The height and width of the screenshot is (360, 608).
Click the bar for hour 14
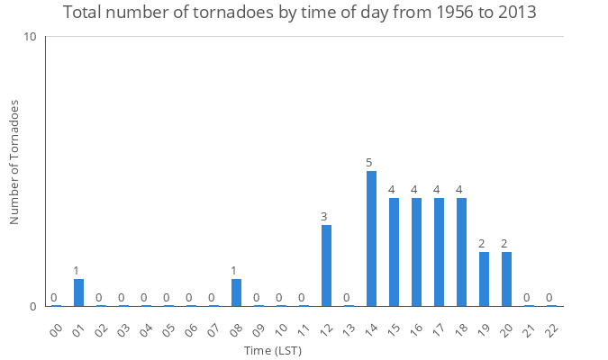371,238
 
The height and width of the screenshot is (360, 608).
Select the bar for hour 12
326,265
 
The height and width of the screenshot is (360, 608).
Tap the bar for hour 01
78,292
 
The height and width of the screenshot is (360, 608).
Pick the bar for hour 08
236,292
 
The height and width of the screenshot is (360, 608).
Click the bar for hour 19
484,279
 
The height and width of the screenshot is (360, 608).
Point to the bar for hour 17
439,252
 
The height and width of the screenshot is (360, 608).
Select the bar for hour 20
506,279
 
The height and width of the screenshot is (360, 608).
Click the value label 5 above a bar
369,163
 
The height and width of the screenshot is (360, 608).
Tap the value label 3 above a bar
323,217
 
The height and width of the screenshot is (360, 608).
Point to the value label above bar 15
392,190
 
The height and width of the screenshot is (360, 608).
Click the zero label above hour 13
347,298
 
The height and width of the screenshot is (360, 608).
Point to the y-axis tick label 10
30,37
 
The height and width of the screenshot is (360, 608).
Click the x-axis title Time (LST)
271,350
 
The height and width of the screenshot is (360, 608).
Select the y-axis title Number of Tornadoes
14,162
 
